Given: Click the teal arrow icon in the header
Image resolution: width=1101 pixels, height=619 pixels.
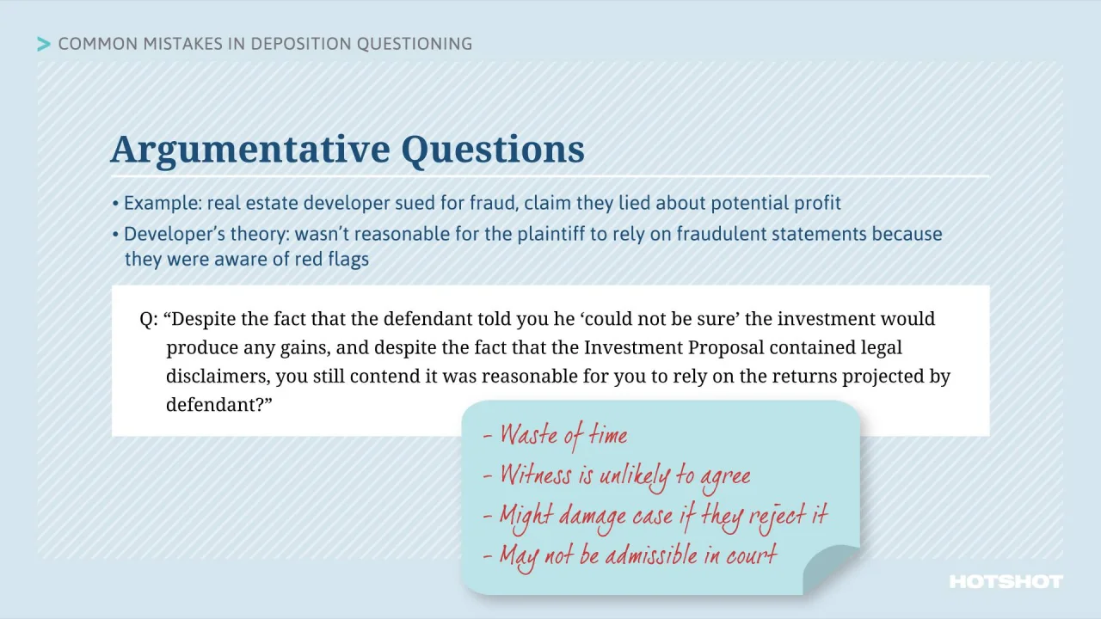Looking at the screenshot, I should click(x=44, y=44).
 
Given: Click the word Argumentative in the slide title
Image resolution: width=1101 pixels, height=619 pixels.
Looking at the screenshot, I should click(x=251, y=150).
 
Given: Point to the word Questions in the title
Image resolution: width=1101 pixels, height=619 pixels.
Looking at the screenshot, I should click(x=492, y=150).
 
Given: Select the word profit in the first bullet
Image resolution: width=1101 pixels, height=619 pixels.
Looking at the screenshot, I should click(x=818, y=204).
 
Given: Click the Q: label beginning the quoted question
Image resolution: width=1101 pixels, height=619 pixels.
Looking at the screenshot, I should click(x=148, y=319).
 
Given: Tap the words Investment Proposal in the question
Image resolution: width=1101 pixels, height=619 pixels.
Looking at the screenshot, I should click(x=674, y=348).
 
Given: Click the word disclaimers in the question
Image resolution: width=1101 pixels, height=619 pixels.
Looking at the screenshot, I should click(x=217, y=377).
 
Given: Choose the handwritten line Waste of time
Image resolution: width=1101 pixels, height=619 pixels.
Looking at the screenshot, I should click(x=563, y=435).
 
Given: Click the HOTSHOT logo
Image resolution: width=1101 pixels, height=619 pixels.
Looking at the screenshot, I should click(x=1006, y=582).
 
